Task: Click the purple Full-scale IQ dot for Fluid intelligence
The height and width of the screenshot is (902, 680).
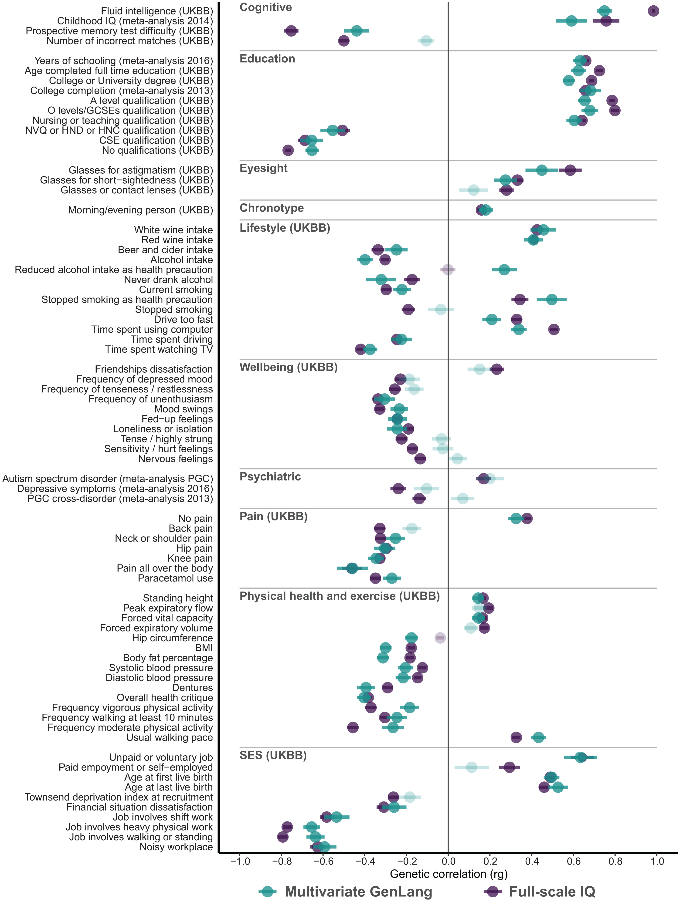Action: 653,11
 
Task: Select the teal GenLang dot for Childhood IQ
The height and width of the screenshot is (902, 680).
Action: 571,21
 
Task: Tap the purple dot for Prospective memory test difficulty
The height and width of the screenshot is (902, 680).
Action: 291,31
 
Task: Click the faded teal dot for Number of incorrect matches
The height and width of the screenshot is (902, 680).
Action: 426,41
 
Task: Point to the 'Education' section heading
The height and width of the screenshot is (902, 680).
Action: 267,59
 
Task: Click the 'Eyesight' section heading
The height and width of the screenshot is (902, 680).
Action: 264,168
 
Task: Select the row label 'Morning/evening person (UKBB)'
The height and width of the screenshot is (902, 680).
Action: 140,210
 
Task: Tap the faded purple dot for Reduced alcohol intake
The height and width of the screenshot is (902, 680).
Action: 448,270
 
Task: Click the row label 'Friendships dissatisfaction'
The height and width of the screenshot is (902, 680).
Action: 154,369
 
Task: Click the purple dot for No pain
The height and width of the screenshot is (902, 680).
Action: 527,518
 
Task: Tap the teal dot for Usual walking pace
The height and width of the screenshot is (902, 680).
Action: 538,737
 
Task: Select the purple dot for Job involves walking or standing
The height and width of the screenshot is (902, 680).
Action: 283,837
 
